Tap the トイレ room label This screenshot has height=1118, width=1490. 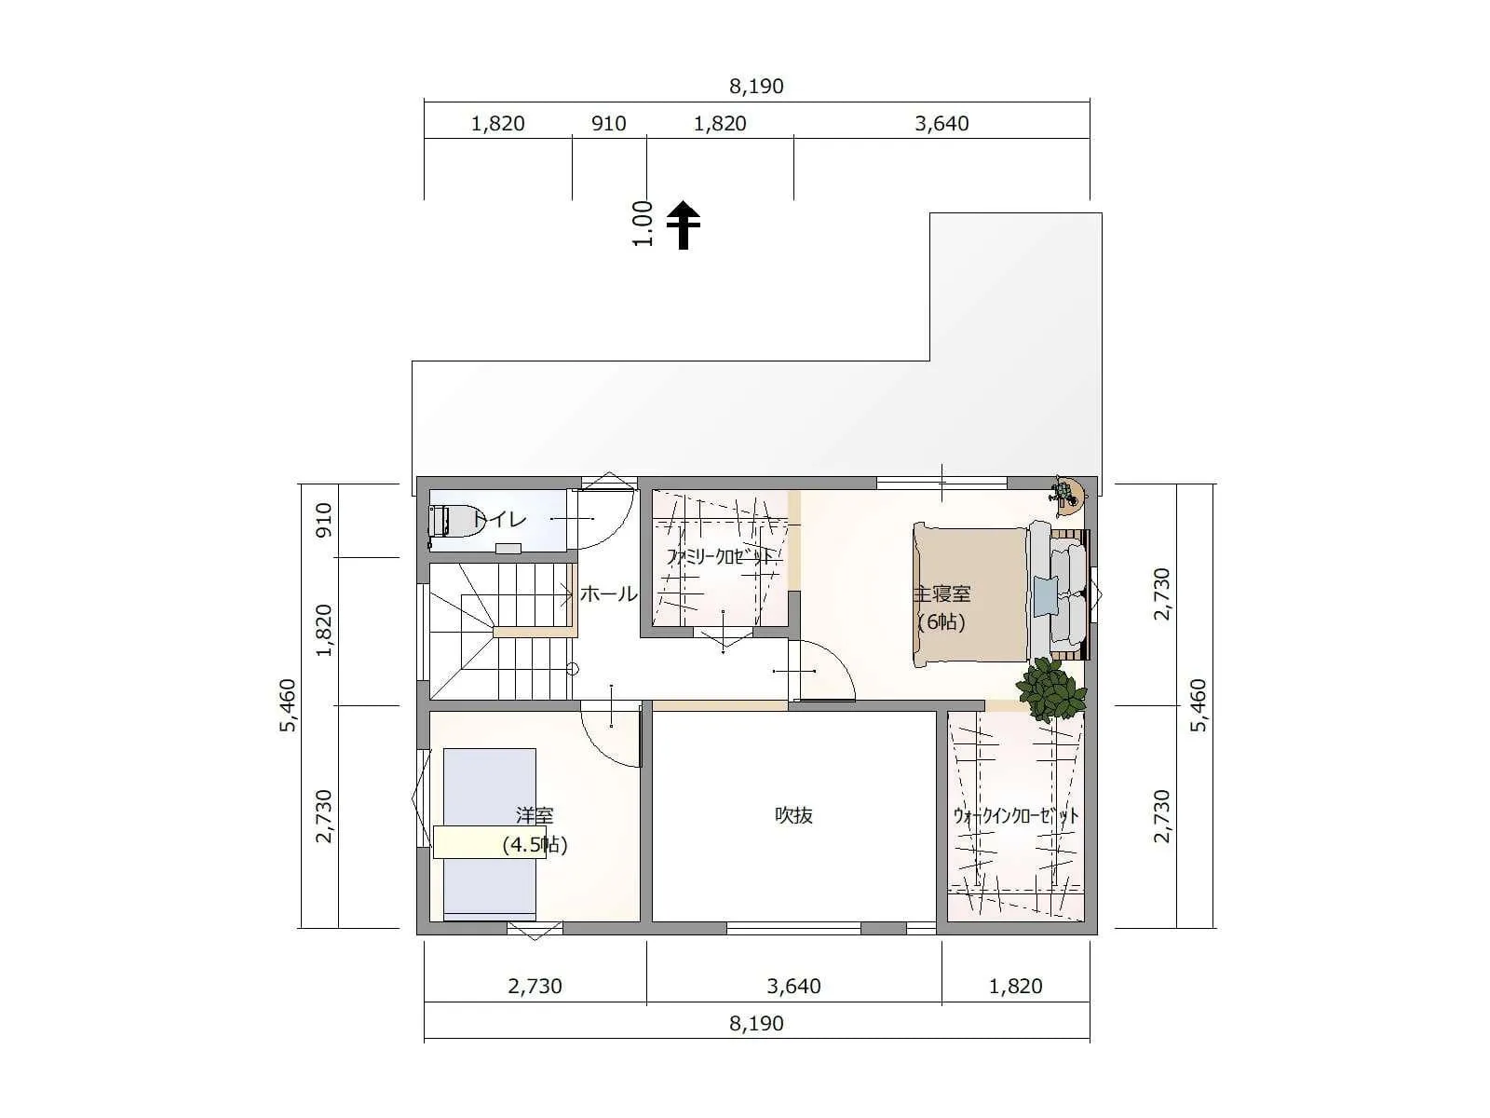coord(499,520)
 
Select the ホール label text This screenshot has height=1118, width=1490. coord(608,594)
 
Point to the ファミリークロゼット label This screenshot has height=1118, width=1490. coord(720,557)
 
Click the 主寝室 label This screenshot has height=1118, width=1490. coord(941,594)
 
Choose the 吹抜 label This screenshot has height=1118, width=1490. coord(793,814)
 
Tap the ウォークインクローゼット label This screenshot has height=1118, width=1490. coord(1015,815)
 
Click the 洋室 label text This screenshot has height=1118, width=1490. coord(535,814)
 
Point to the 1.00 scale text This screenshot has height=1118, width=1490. coord(643,224)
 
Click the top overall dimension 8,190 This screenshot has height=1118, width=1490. coord(756,87)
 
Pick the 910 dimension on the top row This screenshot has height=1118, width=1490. coord(608,124)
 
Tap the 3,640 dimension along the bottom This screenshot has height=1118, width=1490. coord(793,986)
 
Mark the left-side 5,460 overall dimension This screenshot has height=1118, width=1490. coord(288,705)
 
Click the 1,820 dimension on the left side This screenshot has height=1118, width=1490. coord(324,631)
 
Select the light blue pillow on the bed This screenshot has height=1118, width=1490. coord(1046,595)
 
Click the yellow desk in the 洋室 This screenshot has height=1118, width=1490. coord(490,841)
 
